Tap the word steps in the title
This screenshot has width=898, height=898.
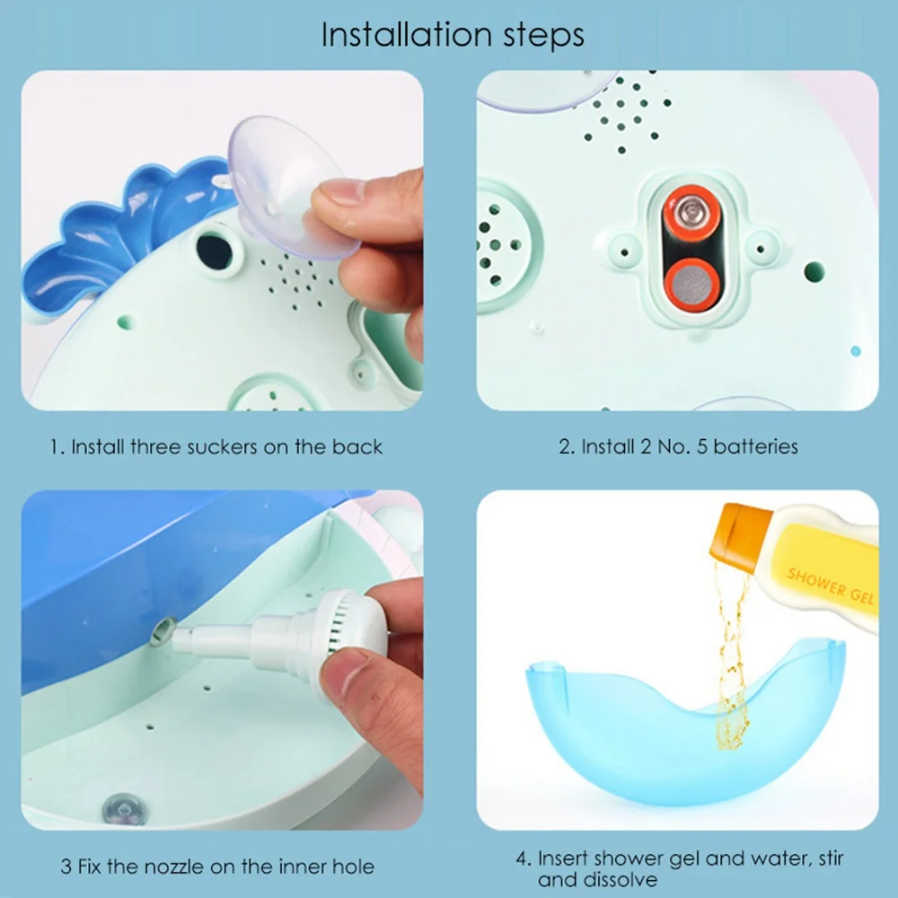pyautogui.click(x=544, y=36)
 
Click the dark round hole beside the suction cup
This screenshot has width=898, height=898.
pyautogui.click(x=215, y=251)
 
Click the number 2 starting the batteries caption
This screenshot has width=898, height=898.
pyautogui.click(x=565, y=446)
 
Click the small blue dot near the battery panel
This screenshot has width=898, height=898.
pyautogui.click(x=856, y=351)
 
